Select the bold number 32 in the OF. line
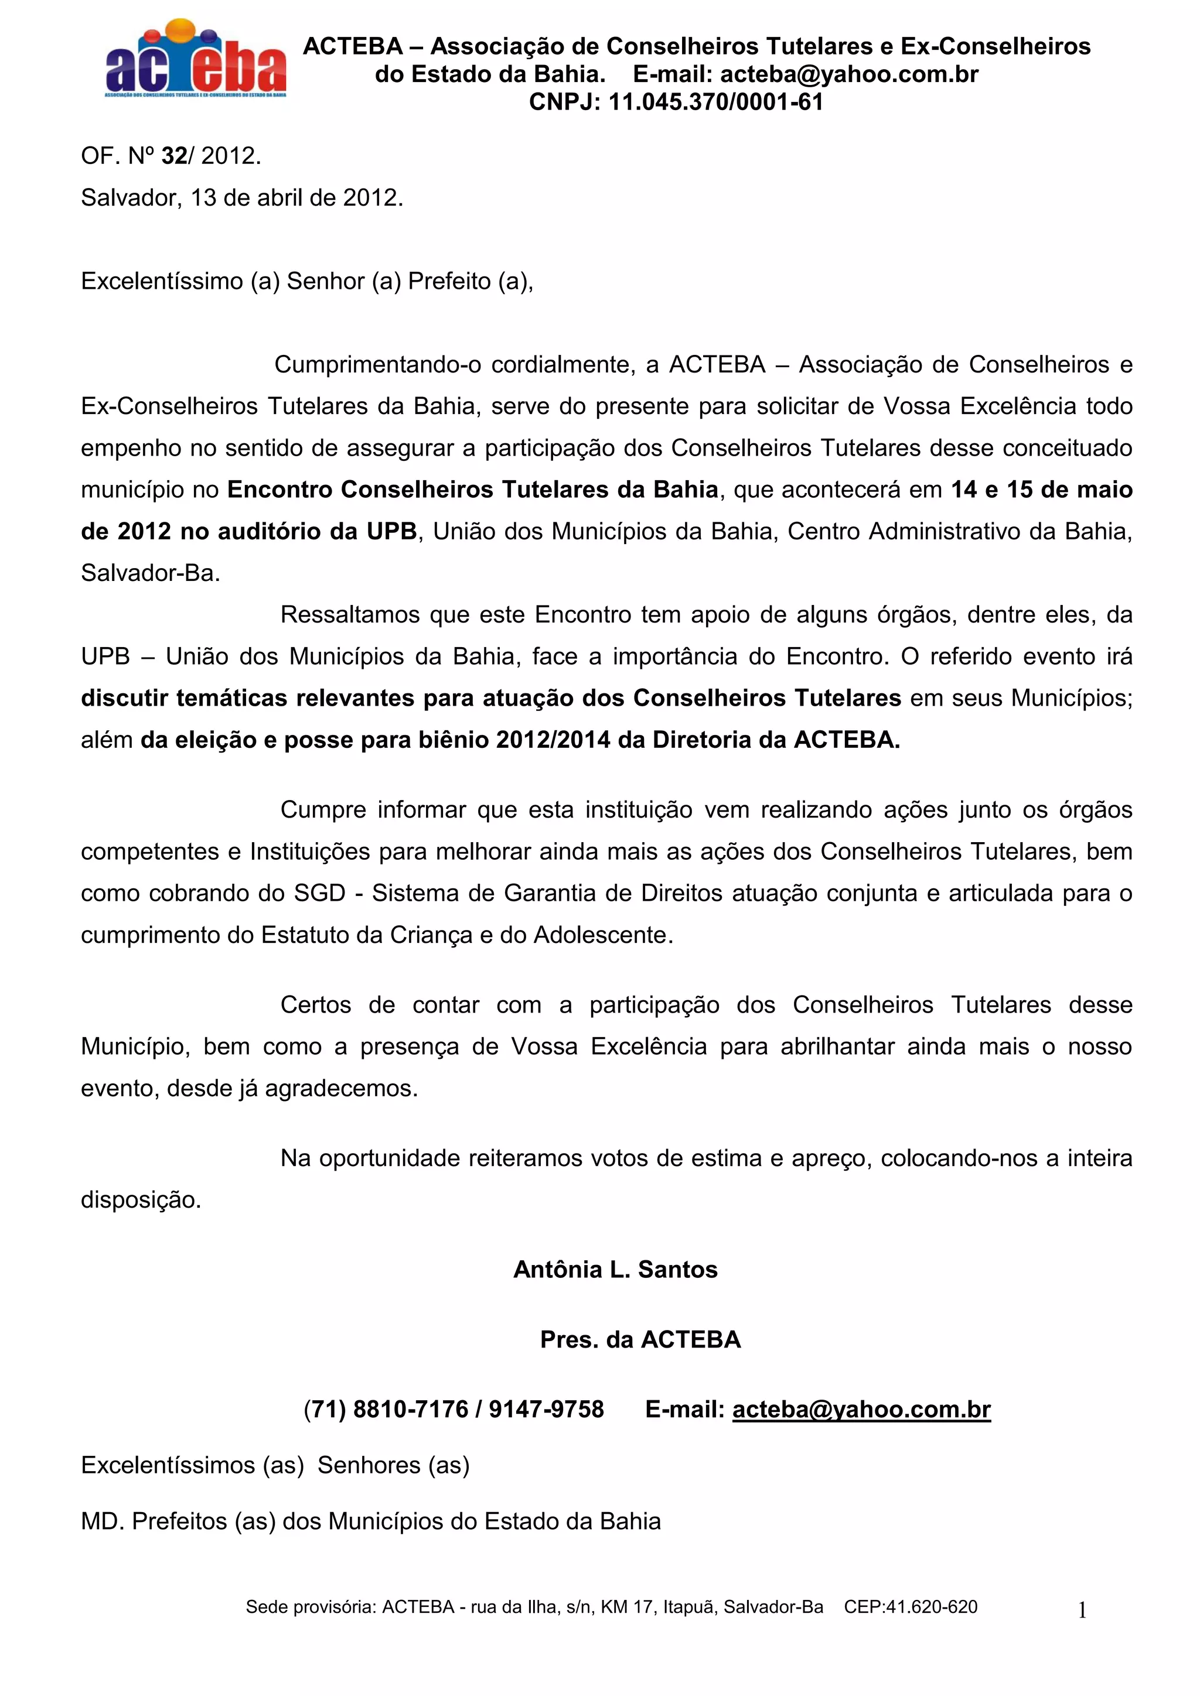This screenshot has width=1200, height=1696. tap(175, 156)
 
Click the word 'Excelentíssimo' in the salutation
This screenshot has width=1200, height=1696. tap(162, 282)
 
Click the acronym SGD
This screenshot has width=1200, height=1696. tap(320, 893)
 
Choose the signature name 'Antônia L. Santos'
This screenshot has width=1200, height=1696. tap(615, 1270)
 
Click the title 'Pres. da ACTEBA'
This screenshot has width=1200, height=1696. tap(640, 1340)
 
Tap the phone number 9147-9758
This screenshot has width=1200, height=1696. tap(546, 1410)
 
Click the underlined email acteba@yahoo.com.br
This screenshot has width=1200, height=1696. tap(861, 1410)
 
